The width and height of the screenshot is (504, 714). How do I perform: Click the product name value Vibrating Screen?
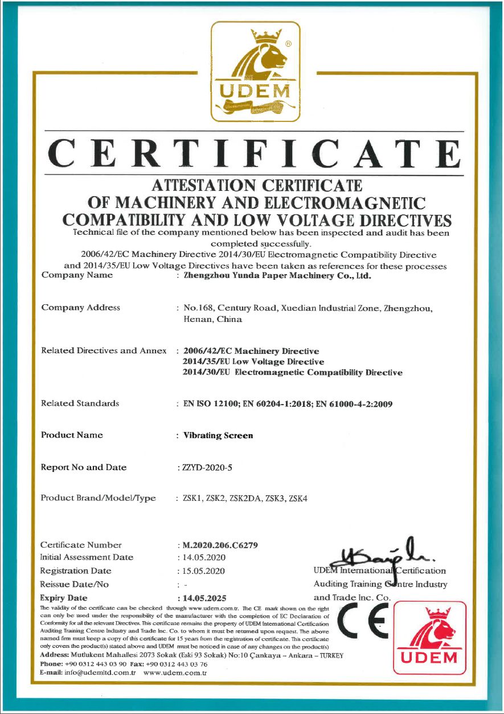tap(218, 435)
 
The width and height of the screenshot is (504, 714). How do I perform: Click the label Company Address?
tap(80, 308)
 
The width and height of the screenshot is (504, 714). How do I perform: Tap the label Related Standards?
tap(80, 403)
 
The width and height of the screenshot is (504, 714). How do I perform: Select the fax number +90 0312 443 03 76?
tap(180, 664)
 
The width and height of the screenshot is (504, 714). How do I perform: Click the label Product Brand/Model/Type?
tap(98, 498)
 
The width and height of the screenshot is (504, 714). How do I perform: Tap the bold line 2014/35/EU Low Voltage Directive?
tap(253, 362)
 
